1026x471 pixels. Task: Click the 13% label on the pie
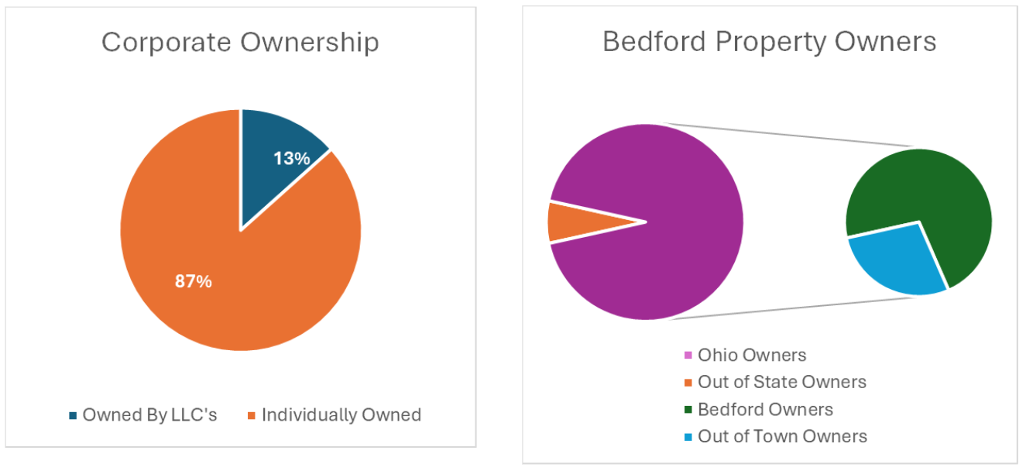(291, 158)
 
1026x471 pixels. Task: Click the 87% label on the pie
(193, 281)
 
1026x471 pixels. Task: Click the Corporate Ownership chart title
(240, 43)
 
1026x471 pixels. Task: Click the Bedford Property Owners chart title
(769, 41)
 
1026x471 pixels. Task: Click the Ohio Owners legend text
(751, 356)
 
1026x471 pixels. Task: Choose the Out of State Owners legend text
(781, 382)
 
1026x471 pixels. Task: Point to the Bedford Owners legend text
(765, 410)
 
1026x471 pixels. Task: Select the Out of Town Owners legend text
(782, 436)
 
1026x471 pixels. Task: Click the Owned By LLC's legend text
(149, 415)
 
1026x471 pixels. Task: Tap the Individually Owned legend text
(341, 415)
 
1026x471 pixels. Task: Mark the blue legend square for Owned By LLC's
(74, 416)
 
